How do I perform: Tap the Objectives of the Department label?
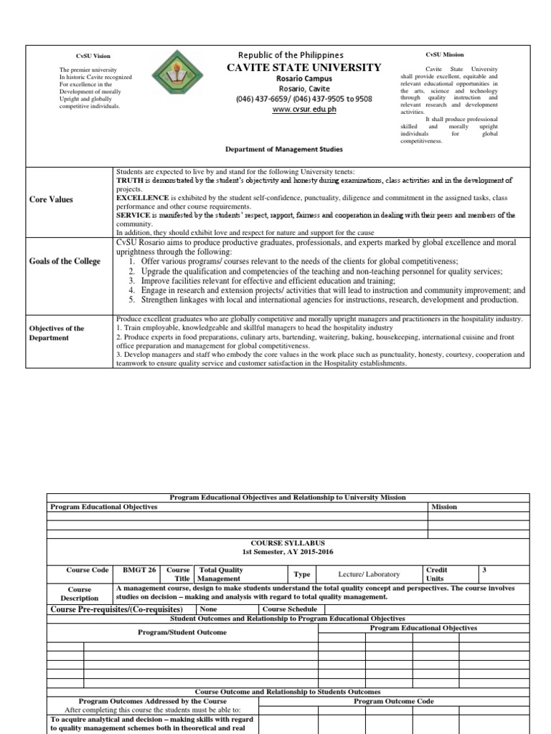point(57,333)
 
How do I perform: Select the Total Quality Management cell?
point(221,574)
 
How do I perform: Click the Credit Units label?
point(437,574)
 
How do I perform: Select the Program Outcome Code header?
point(393,701)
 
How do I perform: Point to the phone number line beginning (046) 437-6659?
point(304,99)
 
